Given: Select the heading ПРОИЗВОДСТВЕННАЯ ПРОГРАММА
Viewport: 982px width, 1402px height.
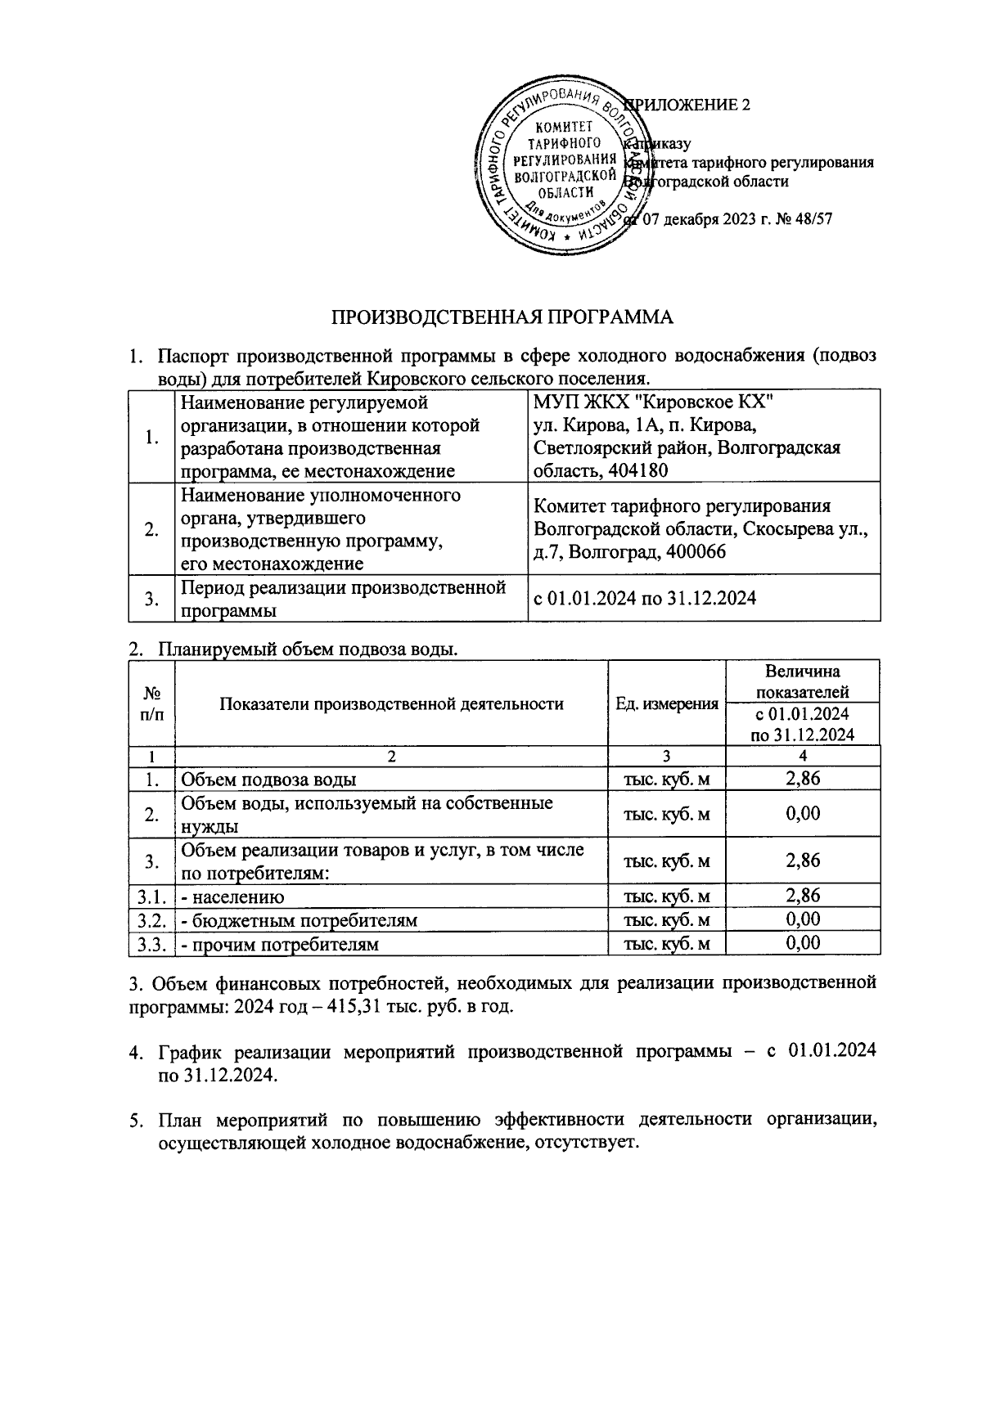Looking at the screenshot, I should [x=502, y=317].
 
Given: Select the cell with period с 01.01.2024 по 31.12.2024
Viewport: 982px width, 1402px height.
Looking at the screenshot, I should [x=645, y=598].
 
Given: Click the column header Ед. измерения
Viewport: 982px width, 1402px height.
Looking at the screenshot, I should [x=667, y=703].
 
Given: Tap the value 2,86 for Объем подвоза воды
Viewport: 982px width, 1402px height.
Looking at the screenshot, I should [x=802, y=779].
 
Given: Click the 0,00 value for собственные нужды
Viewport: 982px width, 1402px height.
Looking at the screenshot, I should [x=802, y=813].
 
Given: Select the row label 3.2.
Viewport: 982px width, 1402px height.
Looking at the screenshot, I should [x=152, y=920].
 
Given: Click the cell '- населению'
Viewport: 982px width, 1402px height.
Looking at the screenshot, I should [x=232, y=896].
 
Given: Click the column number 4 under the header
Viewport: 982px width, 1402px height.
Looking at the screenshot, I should [x=802, y=755].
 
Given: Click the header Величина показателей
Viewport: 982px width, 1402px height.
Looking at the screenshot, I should [x=802, y=681].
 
